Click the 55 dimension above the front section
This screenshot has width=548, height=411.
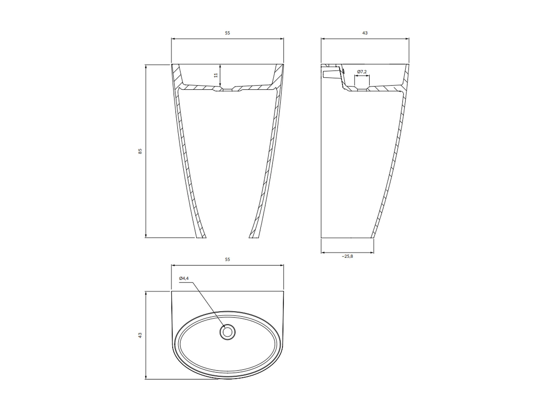tap(227, 33)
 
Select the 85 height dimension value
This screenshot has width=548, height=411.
tap(140, 151)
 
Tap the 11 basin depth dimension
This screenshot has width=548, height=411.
tap(216, 75)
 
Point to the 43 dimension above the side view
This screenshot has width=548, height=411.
tap(365, 33)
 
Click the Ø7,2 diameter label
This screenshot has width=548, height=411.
tap(362, 72)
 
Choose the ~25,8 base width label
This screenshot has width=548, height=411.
tap(347, 256)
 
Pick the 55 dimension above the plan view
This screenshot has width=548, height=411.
tap(227, 259)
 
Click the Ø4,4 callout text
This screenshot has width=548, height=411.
tap(184, 278)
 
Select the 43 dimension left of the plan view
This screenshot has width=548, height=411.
tap(140, 335)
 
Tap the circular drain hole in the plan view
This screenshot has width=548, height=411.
tap(227, 332)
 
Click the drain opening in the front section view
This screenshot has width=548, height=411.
tap(227, 90)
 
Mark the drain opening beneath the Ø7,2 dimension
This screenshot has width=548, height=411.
tap(362, 89)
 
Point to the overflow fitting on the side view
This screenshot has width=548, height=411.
tap(329, 74)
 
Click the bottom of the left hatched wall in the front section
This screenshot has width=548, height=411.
tap(201, 236)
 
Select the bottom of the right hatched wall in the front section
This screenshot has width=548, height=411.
tap(254, 236)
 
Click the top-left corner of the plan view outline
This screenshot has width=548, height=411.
tap(172, 292)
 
